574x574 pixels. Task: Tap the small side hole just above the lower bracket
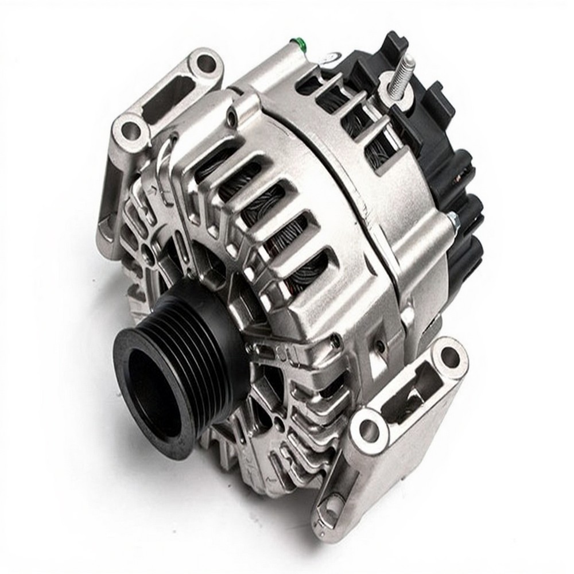click(x=379, y=347)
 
